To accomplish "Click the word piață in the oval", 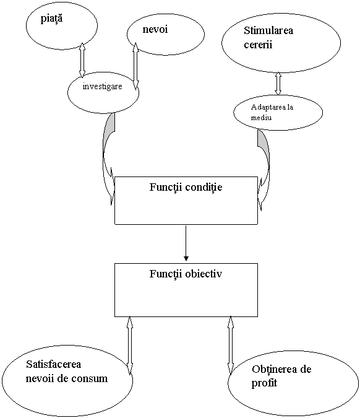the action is click(x=52, y=19).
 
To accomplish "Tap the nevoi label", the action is click(x=155, y=29).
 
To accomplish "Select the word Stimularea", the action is click(x=268, y=30).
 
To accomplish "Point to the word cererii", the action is click(x=258, y=44).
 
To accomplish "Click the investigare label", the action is click(x=102, y=86).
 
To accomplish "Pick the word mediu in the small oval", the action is click(x=261, y=117).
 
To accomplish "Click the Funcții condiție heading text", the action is click(x=186, y=187).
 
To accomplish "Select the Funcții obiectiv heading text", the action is click(x=186, y=274).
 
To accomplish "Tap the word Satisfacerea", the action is click(x=54, y=364).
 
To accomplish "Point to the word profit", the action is click(x=264, y=383).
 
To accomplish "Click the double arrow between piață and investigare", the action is click(x=82, y=60).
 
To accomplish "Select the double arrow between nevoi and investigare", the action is click(x=136, y=66).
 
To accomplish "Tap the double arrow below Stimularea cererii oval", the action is click(x=278, y=84).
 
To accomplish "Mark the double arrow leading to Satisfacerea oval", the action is click(x=130, y=345).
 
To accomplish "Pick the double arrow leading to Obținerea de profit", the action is click(x=231, y=344).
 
